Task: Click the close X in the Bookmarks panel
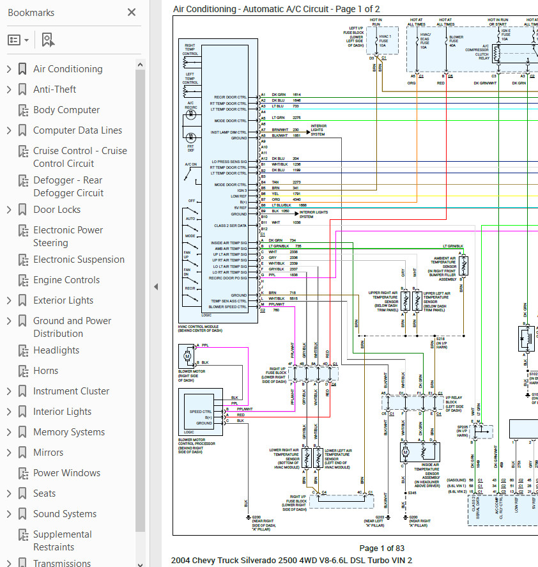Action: click(x=132, y=12)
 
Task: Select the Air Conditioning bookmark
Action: click(x=68, y=69)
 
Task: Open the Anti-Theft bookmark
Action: click(x=54, y=89)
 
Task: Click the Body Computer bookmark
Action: click(x=66, y=110)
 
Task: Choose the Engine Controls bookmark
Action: click(x=66, y=280)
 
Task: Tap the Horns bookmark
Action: click(x=45, y=371)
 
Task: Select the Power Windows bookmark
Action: click(x=66, y=473)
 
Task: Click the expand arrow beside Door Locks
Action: click(x=9, y=210)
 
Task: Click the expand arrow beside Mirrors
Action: click(x=9, y=453)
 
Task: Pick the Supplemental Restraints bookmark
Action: click(x=62, y=541)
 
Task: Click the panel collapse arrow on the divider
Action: click(x=155, y=287)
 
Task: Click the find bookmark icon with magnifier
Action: click(x=48, y=40)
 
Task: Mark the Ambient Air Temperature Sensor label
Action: click(x=443, y=267)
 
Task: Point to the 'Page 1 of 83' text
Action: click(x=381, y=548)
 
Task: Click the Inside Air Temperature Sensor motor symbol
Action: click(x=405, y=453)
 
